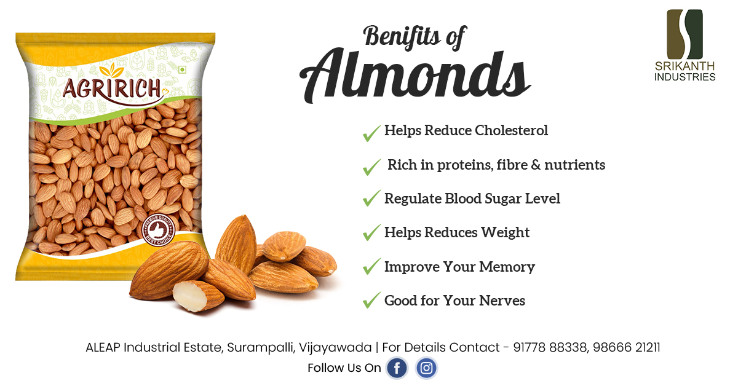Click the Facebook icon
point(397,368)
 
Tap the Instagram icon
point(426,368)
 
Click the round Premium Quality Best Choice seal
point(159,229)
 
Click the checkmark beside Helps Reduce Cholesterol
point(371,132)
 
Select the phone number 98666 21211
point(627,347)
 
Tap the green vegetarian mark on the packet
point(182,70)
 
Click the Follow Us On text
point(344,368)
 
